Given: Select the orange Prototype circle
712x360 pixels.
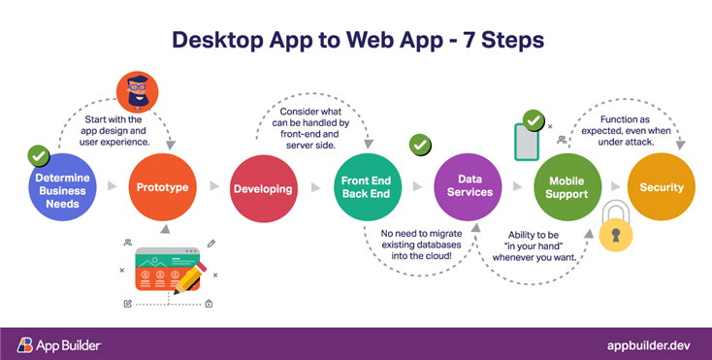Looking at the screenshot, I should (x=162, y=186).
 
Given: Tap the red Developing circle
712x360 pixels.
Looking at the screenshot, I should (x=262, y=188).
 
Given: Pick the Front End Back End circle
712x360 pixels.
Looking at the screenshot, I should (x=366, y=186).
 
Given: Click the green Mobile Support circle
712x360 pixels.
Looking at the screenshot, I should (x=567, y=186).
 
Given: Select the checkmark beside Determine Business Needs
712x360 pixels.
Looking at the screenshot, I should (x=38, y=155).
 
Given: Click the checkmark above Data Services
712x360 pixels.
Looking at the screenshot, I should (x=419, y=145).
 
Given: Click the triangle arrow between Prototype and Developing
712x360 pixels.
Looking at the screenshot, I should (x=212, y=187).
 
